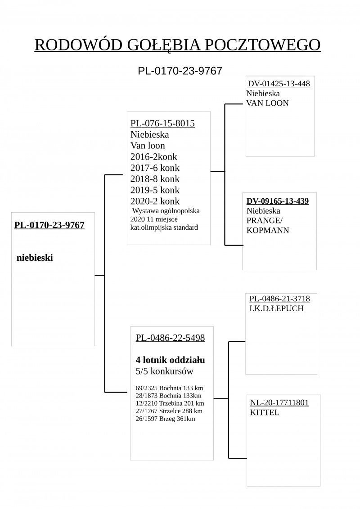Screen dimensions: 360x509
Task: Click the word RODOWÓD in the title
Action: [x=78, y=45]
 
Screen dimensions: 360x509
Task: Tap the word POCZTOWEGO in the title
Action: [x=263, y=45]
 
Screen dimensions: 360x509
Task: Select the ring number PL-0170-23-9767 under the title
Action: [x=180, y=71]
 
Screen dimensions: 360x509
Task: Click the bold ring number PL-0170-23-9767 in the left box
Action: [x=49, y=225]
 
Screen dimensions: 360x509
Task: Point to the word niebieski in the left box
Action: [x=35, y=258]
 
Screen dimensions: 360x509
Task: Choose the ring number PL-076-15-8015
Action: [x=162, y=123]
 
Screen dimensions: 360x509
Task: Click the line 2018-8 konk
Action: [x=155, y=179]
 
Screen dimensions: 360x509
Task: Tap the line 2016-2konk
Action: [x=154, y=157]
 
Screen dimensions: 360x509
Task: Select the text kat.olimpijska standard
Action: [x=164, y=228]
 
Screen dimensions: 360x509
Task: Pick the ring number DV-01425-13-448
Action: [x=279, y=84]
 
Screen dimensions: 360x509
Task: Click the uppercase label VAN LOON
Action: [x=267, y=103]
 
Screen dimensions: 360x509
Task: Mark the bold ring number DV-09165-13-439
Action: [x=278, y=201]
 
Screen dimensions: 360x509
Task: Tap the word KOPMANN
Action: [x=268, y=231]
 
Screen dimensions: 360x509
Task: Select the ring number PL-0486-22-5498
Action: [x=170, y=338]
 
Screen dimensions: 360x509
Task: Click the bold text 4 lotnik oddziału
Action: [x=170, y=360]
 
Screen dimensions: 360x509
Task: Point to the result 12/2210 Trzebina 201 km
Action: [x=170, y=403]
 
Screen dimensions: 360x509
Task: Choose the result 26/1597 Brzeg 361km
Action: [x=166, y=419]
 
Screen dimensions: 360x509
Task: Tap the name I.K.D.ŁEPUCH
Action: [x=276, y=308]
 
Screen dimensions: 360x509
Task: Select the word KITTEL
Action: [x=265, y=413]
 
